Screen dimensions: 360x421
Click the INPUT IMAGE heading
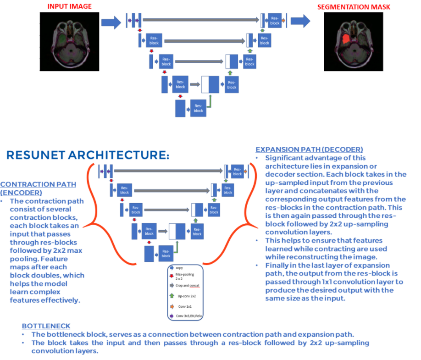coord(69,6)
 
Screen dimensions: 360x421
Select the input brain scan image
coord(69,41)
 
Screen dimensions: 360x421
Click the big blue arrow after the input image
coord(111,22)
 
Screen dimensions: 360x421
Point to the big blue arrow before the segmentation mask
coord(300,21)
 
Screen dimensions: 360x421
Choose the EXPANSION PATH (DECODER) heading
coord(309,150)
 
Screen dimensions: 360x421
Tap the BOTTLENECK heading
coord(46,326)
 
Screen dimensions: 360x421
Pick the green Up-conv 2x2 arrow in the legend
coord(172,295)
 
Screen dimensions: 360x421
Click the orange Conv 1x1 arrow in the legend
coord(172,306)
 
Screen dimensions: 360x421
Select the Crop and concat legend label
coord(188,285)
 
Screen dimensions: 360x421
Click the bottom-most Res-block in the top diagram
coord(198,108)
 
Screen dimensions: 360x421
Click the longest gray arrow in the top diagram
coord(201,20)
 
